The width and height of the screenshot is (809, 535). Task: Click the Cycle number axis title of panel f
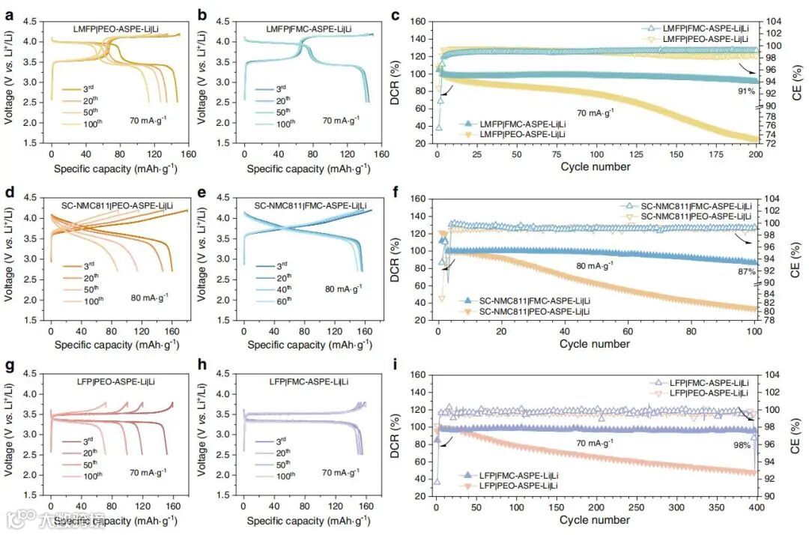click(596, 344)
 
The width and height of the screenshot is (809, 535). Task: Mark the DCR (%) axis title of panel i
click(395, 429)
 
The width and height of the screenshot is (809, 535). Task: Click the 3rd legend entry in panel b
click(281, 88)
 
